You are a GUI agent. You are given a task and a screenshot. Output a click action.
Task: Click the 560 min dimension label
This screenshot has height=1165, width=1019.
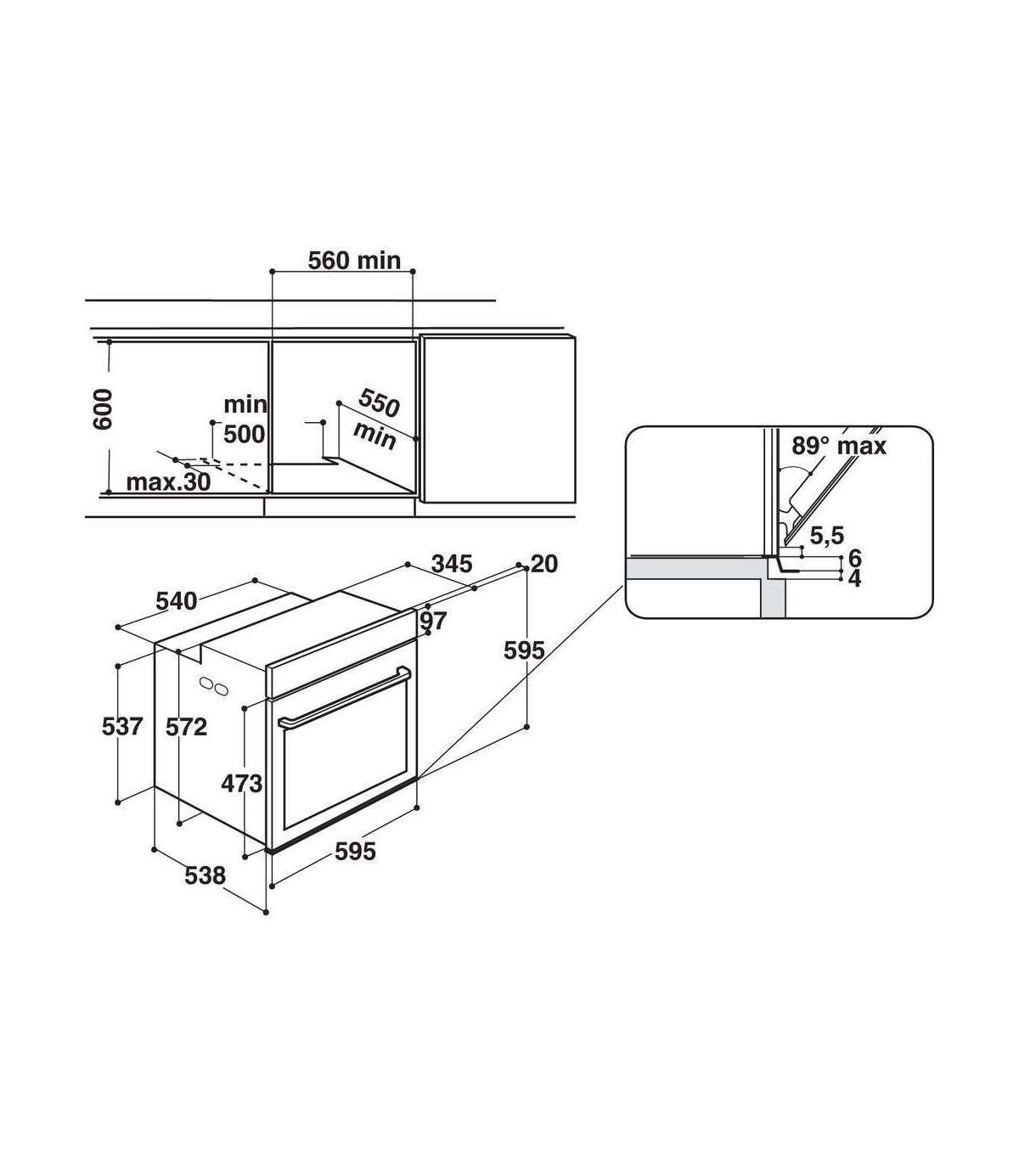coord(354,260)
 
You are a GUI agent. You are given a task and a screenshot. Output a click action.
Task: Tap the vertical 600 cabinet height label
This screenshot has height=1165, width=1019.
coord(103,410)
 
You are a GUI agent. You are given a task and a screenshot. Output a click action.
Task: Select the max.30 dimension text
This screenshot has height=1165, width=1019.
coord(168,481)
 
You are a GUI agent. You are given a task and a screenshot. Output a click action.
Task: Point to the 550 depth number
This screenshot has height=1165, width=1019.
coord(379,402)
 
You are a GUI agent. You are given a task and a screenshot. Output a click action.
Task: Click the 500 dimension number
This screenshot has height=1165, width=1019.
coord(245,435)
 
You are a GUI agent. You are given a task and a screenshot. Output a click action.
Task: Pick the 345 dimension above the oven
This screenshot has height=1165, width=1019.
coord(452,564)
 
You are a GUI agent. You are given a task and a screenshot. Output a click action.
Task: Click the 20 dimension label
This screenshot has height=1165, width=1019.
coord(544,564)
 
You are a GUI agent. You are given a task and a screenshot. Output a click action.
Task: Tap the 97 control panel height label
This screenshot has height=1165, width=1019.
coord(434,621)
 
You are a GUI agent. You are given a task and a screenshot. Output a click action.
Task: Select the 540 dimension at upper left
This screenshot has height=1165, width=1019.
coord(177,601)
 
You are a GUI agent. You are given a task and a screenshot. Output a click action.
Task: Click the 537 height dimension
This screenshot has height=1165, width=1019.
coord(121,727)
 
